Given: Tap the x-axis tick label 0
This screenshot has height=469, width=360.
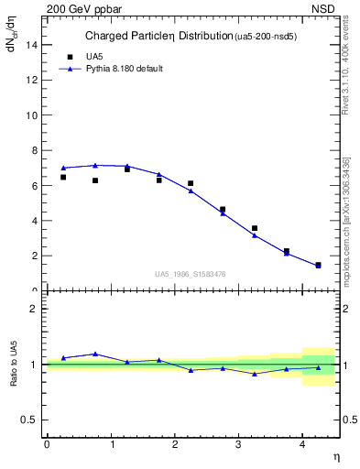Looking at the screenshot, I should click(x=47, y=444).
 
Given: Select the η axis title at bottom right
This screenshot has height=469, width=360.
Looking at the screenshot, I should click(x=335, y=456).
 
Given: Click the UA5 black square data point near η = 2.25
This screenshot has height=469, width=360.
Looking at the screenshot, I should click(x=191, y=183).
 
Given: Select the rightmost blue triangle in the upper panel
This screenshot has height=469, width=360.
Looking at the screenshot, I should click(x=318, y=266).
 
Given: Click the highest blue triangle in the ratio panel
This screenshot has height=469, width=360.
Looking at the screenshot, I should click(x=94, y=354).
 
